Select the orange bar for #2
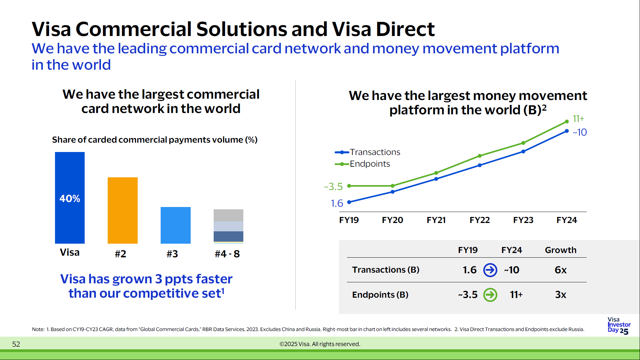pyautogui.click(x=122, y=210)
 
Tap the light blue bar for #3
pyautogui.click(x=175, y=225)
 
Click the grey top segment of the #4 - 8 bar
pyautogui.click(x=228, y=215)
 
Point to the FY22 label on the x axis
pyautogui.click(x=479, y=220)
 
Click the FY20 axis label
pyautogui.click(x=392, y=220)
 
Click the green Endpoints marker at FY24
pyautogui.click(x=567, y=122)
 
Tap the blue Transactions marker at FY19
pyautogui.click(x=349, y=202)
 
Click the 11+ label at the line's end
pyautogui.click(x=578, y=119)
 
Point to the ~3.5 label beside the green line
pyautogui.click(x=333, y=186)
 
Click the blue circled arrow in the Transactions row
pyautogui.click(x=490, y=270)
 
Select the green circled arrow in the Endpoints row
pyautogui.click(x=490, y=295)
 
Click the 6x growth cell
pyautogui.click(x=560, y=270)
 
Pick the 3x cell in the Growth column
pyautogui.click(x=560, y=295)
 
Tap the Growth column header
pyautogui.click(x=560, y=250)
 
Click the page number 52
pyautogui.click(x=16, y=344)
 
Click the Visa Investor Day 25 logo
pyautogui.click(x=619, y=325)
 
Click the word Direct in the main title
pyautogui.click(x=405, y=29)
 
